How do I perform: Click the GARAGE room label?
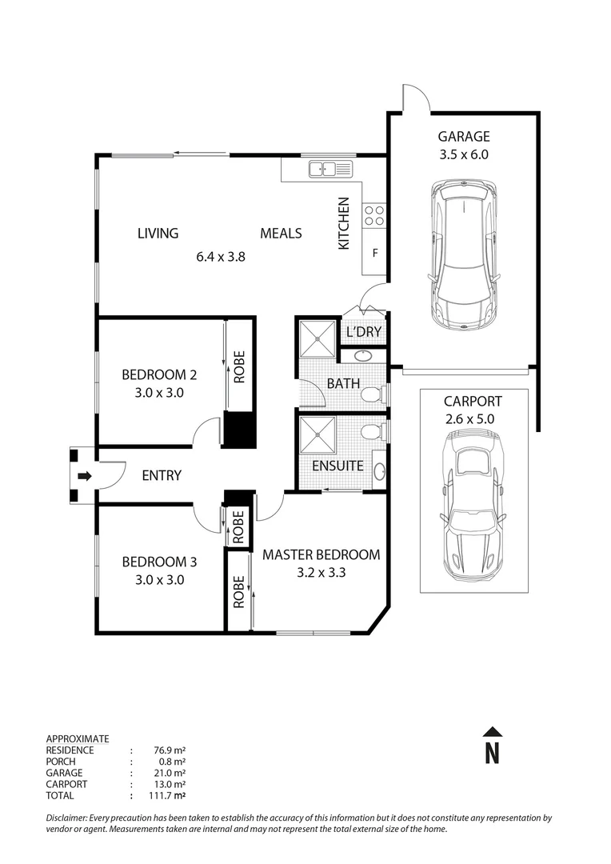click(x=463, y=136)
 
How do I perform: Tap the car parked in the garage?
click(x=463, y=254)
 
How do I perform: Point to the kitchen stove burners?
click(x=373, y=214)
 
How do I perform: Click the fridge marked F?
click(x=374, y=254)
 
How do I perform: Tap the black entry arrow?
click(x=84, y=476)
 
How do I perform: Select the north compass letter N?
click(x=493, y=753)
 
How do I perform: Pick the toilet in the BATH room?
click(x=371, y=394)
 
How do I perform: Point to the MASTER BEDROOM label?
click(x=321, y=554)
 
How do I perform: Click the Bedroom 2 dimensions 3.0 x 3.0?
click(x=159, y=393)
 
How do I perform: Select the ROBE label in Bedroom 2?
click(x=239, y=367)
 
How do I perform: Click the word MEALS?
click(x=281, y=234)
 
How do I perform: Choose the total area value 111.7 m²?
click(x=169, y=796)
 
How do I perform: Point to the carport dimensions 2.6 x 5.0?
click(x=473, y=419)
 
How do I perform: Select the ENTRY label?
click(x=162, y=476)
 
